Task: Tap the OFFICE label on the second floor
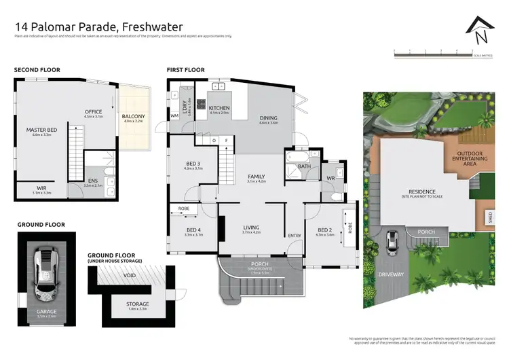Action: [x=92, y=112]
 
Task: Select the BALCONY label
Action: [x=132, y=116]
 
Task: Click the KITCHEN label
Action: [x=220, y=108]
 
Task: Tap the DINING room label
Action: [x=269, y=118]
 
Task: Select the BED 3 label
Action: [x=193, y=164]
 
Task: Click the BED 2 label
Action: [x=325, y=229]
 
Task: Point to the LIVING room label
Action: [x=251, y=228]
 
